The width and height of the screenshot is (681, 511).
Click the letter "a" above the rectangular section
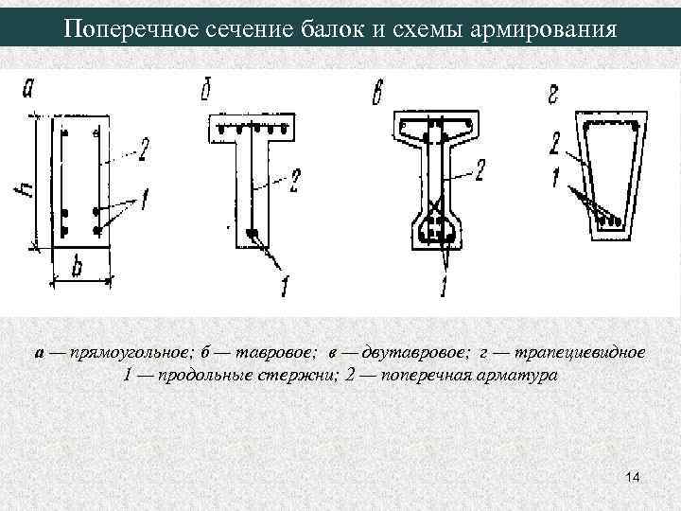coord(28,90)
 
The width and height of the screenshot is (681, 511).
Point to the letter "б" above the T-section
coord(205,91)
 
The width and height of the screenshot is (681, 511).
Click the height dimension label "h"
coord(23,189)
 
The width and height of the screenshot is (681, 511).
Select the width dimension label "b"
coord(78,269)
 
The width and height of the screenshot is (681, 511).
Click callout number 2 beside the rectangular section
coord(145,148)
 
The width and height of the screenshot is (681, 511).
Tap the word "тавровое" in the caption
coord(274,353)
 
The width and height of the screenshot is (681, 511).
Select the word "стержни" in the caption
coord(293,375)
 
